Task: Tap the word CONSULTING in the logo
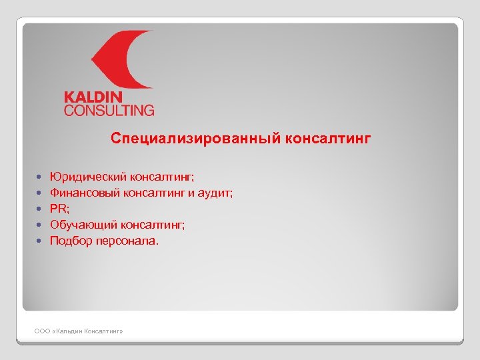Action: pyautogui.click(x=109, y=110)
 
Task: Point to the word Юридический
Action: pyautogui.click(x=83, y=177)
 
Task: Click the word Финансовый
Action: pyautogui.click(x=83, y=193)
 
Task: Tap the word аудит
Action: pyautogui.click(x=218, y=193)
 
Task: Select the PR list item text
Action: pyautogui.click(x=59, y=209)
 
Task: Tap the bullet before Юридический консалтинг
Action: pyautogui.click(x=40, y=177)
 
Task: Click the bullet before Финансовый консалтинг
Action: pyautogui.click(x=40, y=193)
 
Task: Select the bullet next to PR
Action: pyautogui.click(x=40, y=209)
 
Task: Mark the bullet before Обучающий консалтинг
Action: pyautogui.click(x=40, y=225)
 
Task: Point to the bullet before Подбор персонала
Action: pyautogui.click(x=40, y=241)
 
